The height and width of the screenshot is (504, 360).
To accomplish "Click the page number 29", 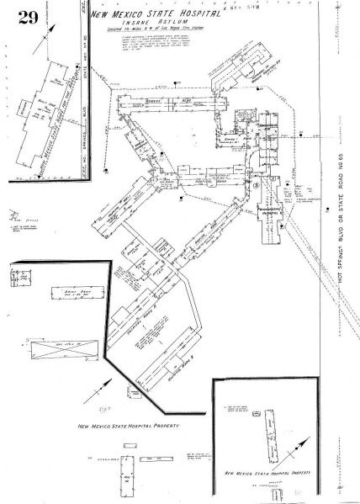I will pyautogui.click(x=27, y=17).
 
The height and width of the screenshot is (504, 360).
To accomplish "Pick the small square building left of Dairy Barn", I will pyautogui.click(x=22, y=273).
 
